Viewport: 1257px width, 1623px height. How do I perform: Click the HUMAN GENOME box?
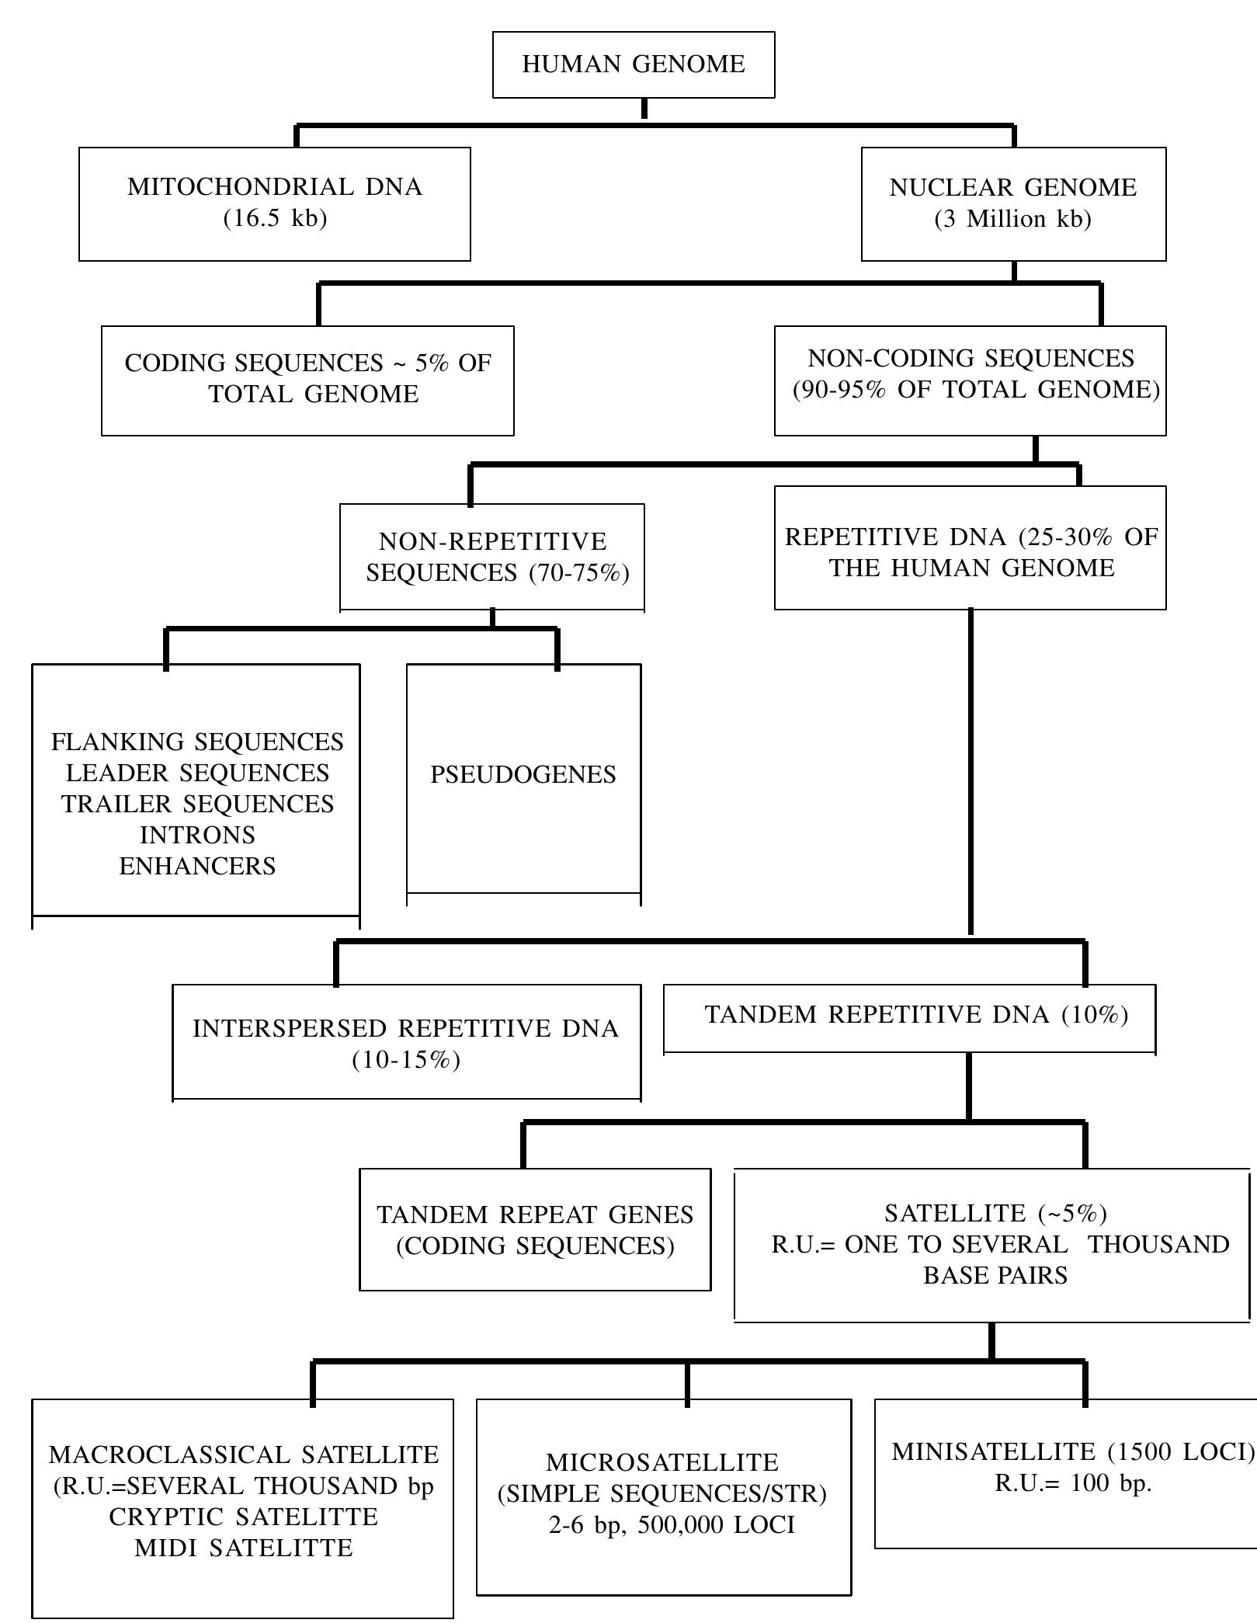click(x=634, y=64)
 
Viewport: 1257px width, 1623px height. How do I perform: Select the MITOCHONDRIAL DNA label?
click(x=275, y=187)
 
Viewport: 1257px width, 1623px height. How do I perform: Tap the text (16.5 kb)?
click(x=275, y=218)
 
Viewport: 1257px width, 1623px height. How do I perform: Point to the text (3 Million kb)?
click(x=1013, y=219)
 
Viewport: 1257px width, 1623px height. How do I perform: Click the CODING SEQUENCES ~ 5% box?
click(x=307, y=379)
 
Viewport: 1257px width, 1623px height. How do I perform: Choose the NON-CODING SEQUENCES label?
click(x=971, y=359)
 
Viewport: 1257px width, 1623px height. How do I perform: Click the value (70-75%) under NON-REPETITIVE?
click(x=579, y=573)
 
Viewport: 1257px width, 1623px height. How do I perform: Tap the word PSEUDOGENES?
click(x=523, y=774)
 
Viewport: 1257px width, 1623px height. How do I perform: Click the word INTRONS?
click(x=197, y=835)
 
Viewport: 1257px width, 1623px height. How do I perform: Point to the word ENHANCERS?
click(x=197, y=866)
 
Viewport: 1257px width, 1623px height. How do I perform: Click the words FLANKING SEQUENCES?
click(x=197, y=742)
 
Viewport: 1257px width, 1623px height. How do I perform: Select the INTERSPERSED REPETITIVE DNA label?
click(x=406, y=1028)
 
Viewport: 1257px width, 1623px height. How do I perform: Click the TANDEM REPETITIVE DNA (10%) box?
click(x=916, y=1015)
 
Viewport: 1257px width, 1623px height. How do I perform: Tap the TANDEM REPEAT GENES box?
click(x=535, y=1230)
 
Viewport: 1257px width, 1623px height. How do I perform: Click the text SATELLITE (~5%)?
click(x=996, y=1213)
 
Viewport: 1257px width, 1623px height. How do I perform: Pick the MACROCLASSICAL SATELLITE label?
click(x=243, y=1454)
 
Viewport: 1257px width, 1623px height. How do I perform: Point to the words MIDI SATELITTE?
click(x=243, y=1548)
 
